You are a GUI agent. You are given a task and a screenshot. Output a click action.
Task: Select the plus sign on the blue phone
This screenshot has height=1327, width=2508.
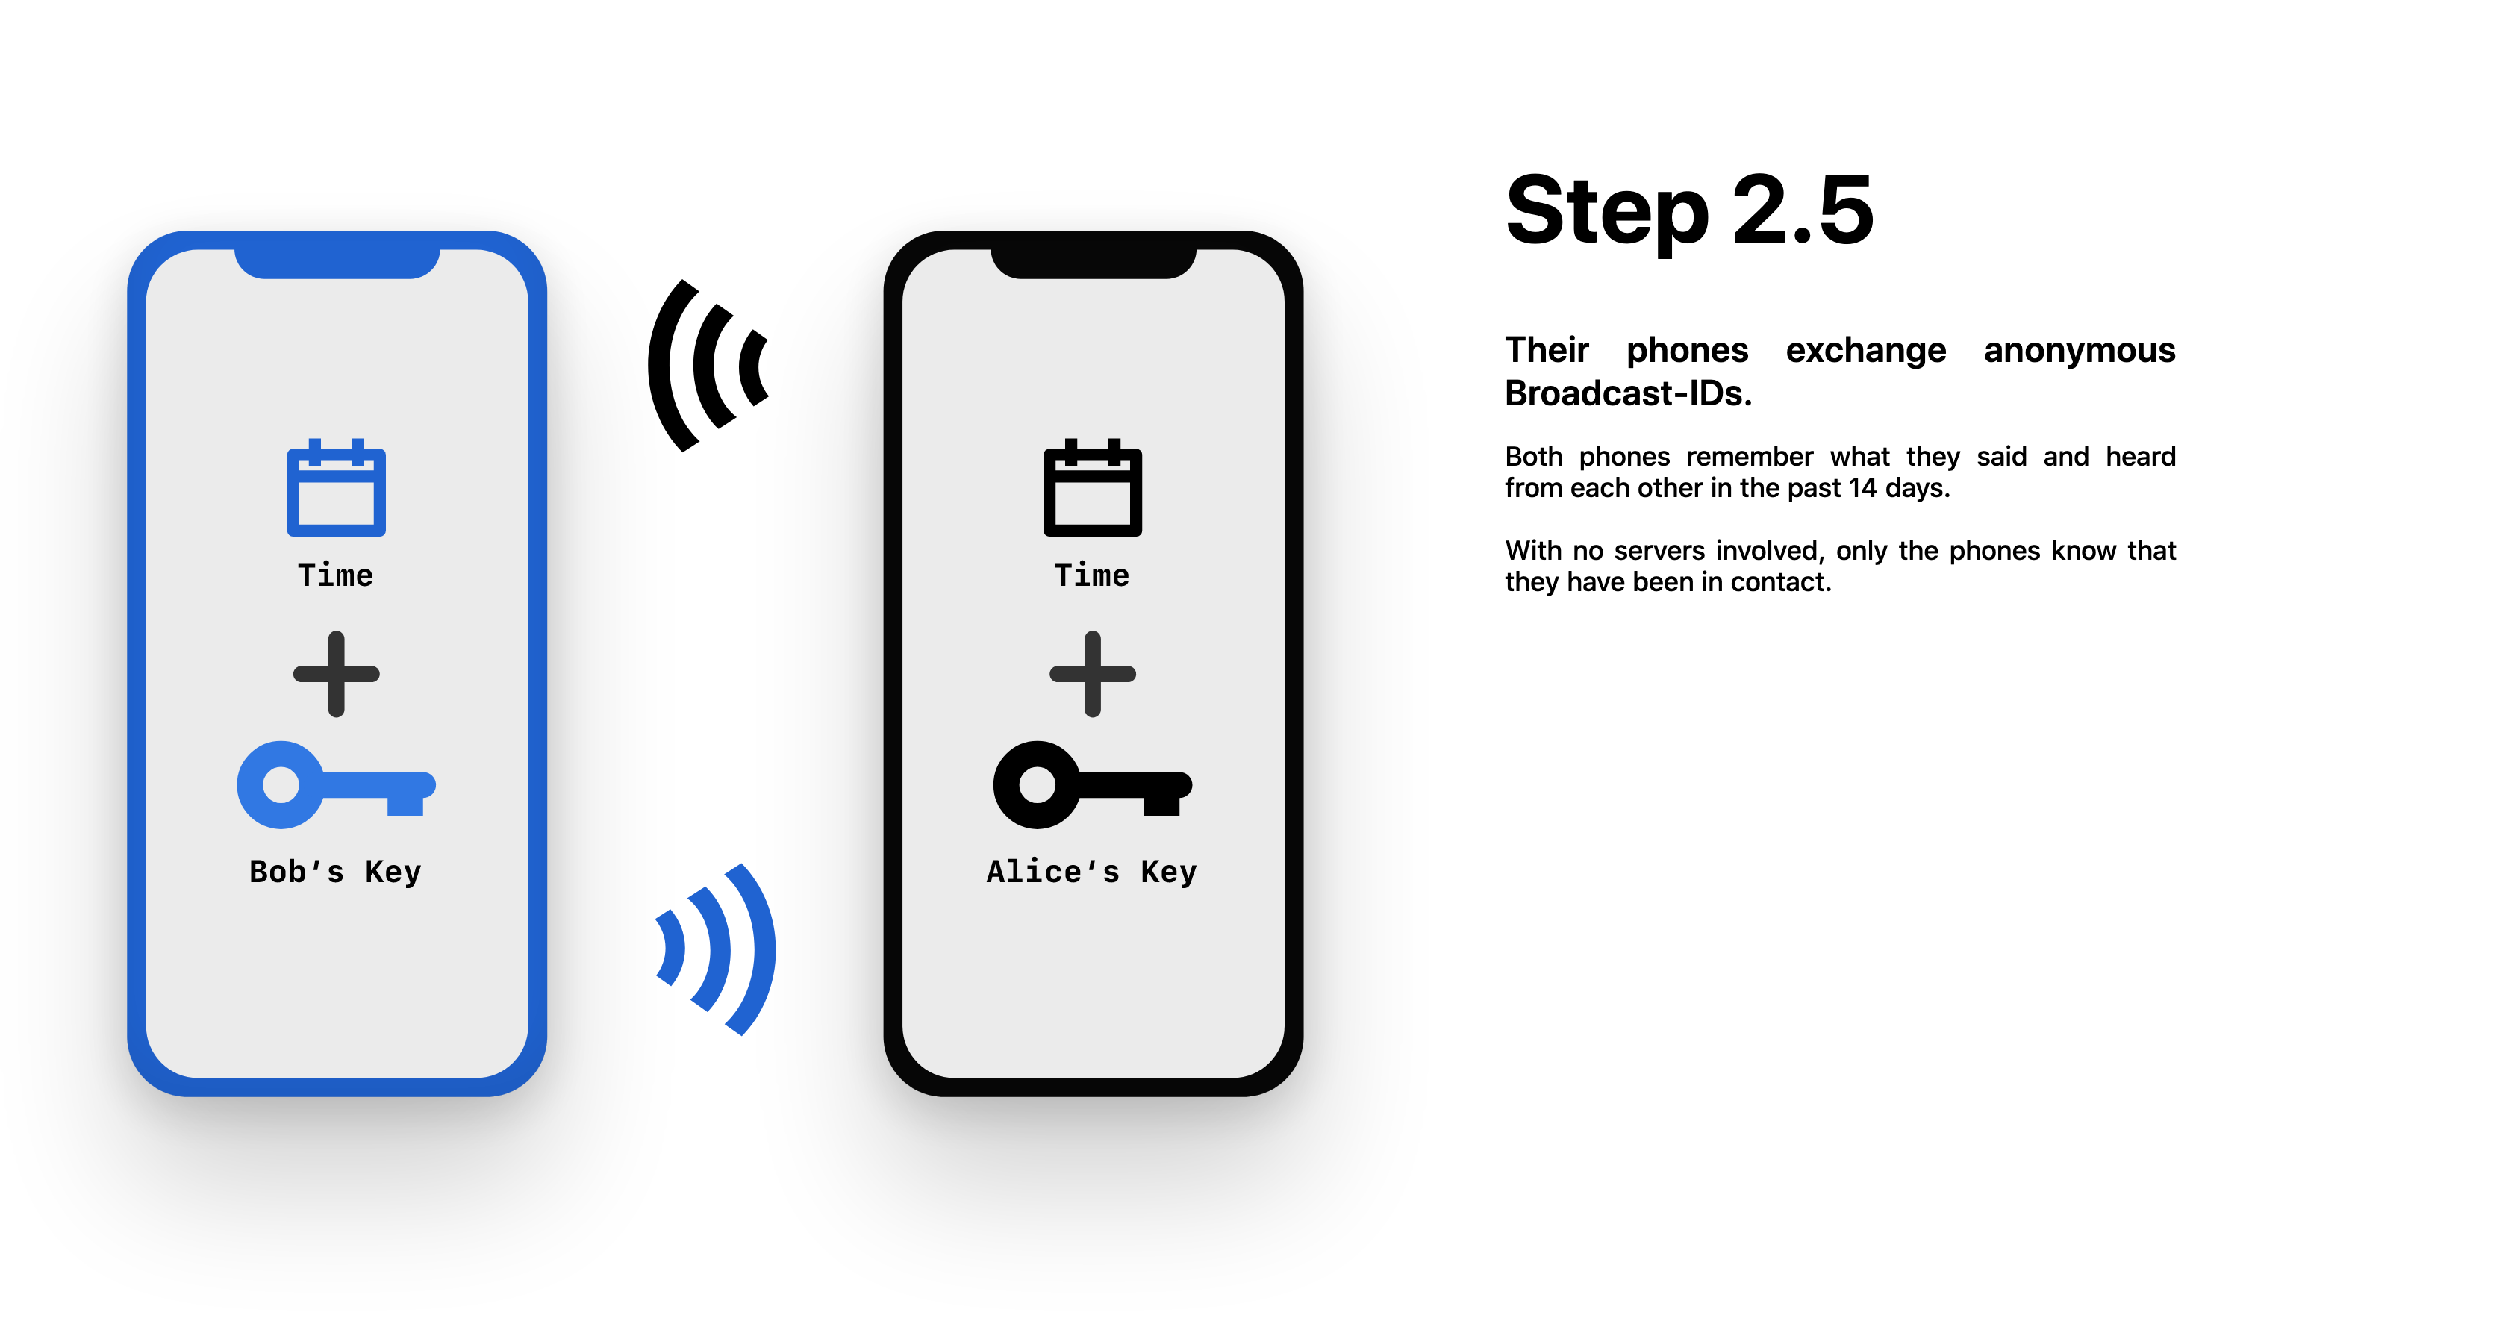336,674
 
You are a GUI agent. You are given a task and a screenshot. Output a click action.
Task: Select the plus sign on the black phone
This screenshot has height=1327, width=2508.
1092,674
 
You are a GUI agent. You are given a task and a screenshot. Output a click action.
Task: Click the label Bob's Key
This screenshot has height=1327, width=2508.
335,872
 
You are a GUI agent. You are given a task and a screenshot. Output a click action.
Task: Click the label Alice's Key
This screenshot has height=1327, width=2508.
1091,872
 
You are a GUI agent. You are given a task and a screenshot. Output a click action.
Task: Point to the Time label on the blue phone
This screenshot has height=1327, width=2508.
335,575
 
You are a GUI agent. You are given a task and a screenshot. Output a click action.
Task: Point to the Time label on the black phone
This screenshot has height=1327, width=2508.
1091,575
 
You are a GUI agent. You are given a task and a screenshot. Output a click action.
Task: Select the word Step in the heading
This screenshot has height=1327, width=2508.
1606,212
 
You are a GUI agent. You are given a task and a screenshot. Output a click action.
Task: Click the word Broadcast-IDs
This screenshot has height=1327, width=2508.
1628,393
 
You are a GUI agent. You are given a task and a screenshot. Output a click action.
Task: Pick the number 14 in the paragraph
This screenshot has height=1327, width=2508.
1862,488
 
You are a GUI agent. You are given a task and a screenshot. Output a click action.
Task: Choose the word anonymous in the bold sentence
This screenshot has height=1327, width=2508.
2079,351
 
